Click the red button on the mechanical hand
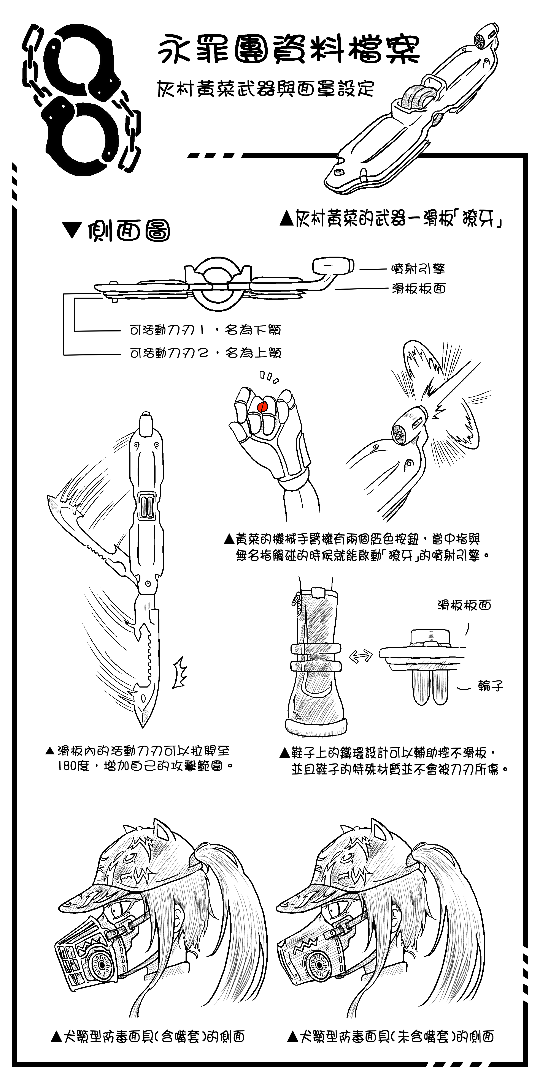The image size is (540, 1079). pos(262,406)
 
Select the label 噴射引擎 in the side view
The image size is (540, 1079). pos(418,268)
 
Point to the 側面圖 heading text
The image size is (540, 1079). pos(129,231)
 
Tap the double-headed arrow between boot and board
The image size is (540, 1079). pos(361,656)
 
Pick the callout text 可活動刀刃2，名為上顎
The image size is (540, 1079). pos(205,353)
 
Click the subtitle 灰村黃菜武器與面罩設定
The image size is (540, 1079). pos(265,88)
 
